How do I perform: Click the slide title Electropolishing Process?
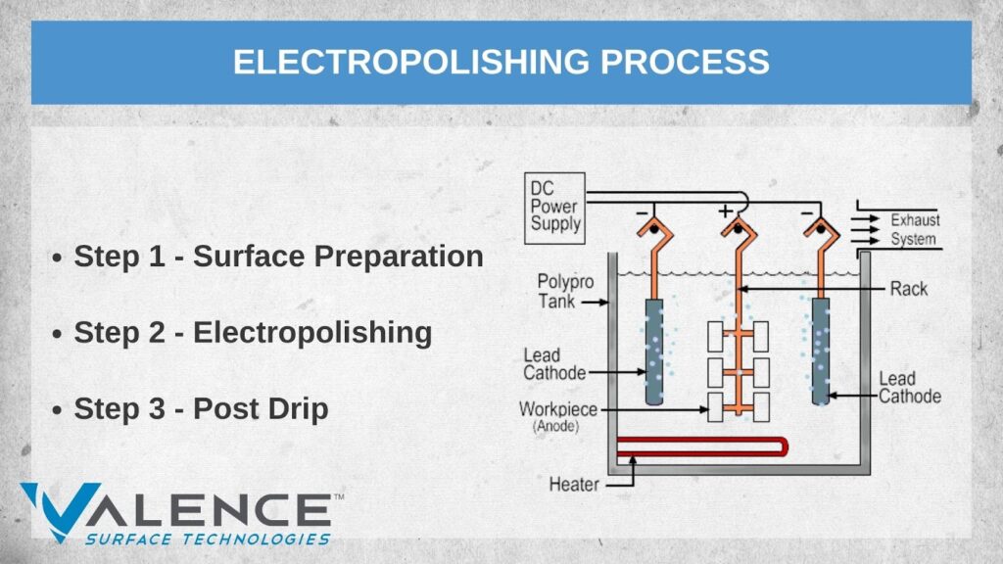tap(501, 62)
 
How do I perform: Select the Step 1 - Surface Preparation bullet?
tap(278, 257)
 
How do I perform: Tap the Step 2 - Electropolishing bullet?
tap(253, 333)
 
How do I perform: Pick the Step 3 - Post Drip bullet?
tap(201, 408)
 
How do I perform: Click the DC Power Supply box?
tap(555, 206)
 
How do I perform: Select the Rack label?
tap(908, 289)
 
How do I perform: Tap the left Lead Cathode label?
tap(553, 363)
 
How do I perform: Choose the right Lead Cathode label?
tap(909, 387)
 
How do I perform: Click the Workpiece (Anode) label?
tap(557, 414)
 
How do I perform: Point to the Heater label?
tap(574, 484)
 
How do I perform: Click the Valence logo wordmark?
tap(176, 509)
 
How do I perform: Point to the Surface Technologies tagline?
tap(208, 539)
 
